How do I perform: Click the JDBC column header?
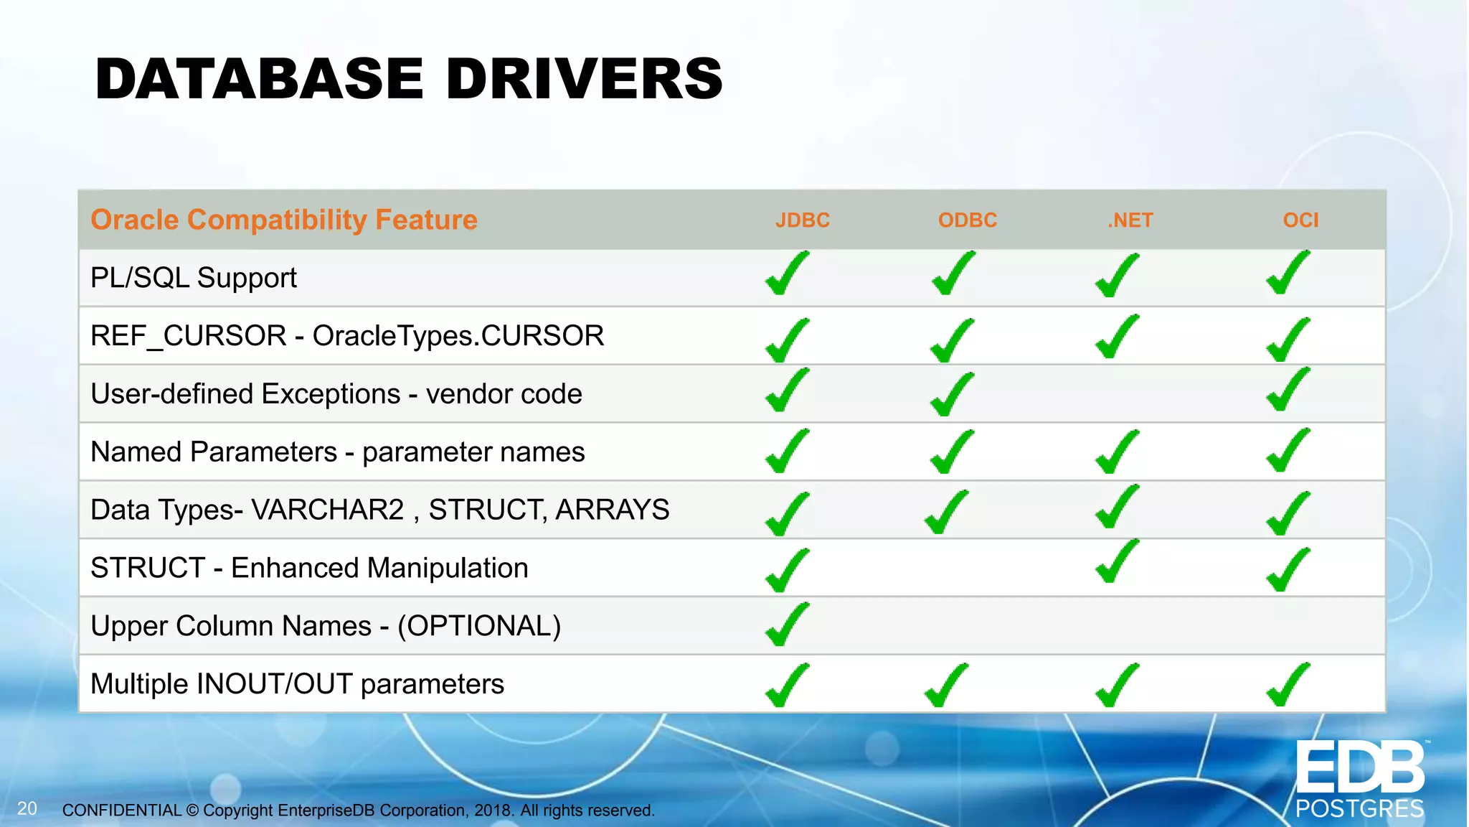click(802, 220)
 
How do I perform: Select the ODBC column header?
click(967, 220)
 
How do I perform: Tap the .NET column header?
click(1130, 220)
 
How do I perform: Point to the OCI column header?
click(1300, 220)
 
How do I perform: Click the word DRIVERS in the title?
click(584, 79)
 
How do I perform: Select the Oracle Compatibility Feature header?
click(284, 220)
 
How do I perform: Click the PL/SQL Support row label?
click(194, 278)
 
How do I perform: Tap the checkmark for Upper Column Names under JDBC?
click(786, 625)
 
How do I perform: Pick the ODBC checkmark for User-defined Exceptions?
click(951, 394)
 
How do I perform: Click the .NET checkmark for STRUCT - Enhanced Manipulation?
click(1116, 562)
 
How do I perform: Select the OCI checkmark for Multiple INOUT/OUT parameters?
click(1287, 685)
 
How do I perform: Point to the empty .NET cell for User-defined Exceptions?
click(1130, 394)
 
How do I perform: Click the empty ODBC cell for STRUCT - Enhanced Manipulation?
click(967, 568)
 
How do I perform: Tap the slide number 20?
click(27, 808)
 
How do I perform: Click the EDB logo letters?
click(1359, 768)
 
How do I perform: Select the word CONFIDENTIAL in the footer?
click(122, 810)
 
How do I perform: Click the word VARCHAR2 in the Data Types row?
click(328, 510)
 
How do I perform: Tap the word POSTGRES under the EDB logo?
click(1359, 809)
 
